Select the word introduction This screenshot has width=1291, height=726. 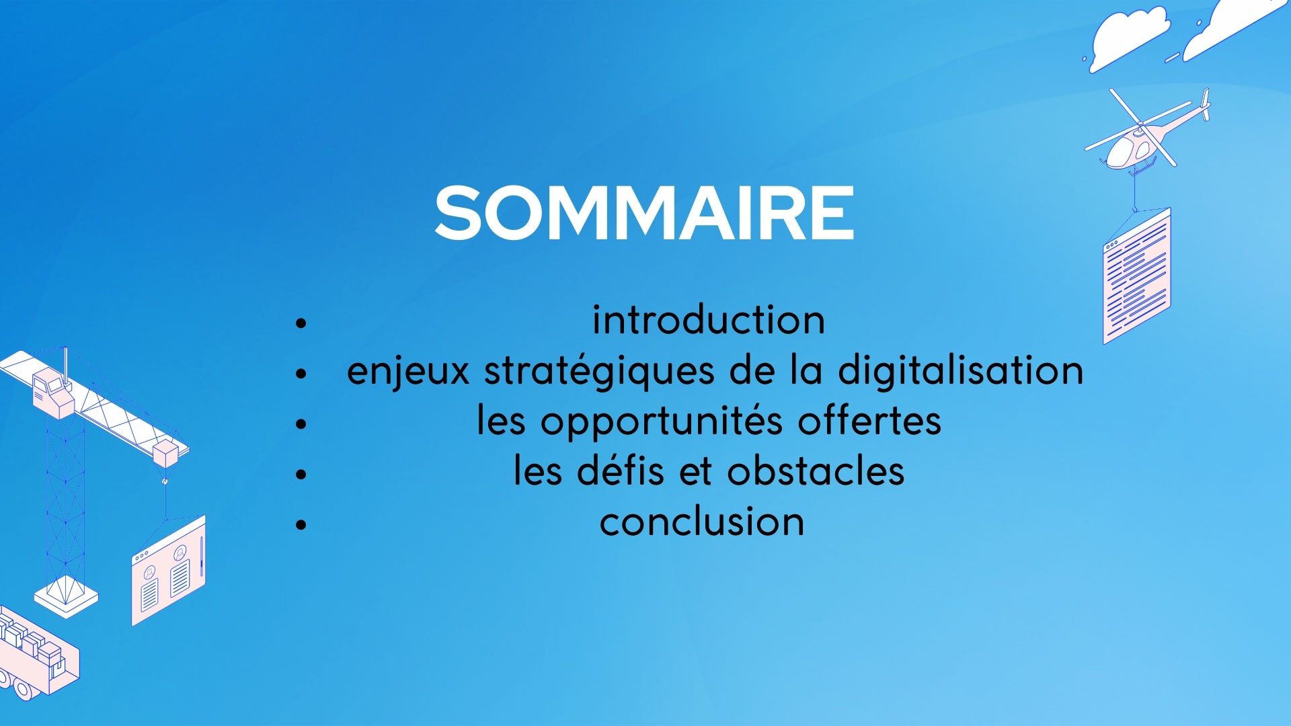point(709,320)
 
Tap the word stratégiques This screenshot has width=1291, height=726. point(599,372)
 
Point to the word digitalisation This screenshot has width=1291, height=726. point(961,370)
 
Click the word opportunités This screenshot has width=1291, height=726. point(662,422)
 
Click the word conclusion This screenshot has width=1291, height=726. point(702,522)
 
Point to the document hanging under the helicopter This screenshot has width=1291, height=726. point(1137,276)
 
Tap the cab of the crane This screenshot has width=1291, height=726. point(52,393)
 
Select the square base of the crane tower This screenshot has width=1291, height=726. point(66,597)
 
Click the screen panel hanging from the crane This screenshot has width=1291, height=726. point(168,570)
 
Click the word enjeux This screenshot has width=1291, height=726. point(408,372)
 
